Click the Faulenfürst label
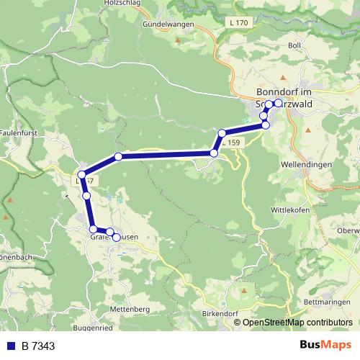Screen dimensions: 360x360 19,133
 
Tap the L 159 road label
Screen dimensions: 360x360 231,144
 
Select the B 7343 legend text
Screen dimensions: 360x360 39,346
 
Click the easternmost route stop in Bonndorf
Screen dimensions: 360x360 278,103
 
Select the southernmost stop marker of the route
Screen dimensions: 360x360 116,238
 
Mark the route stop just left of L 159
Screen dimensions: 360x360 214,153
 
